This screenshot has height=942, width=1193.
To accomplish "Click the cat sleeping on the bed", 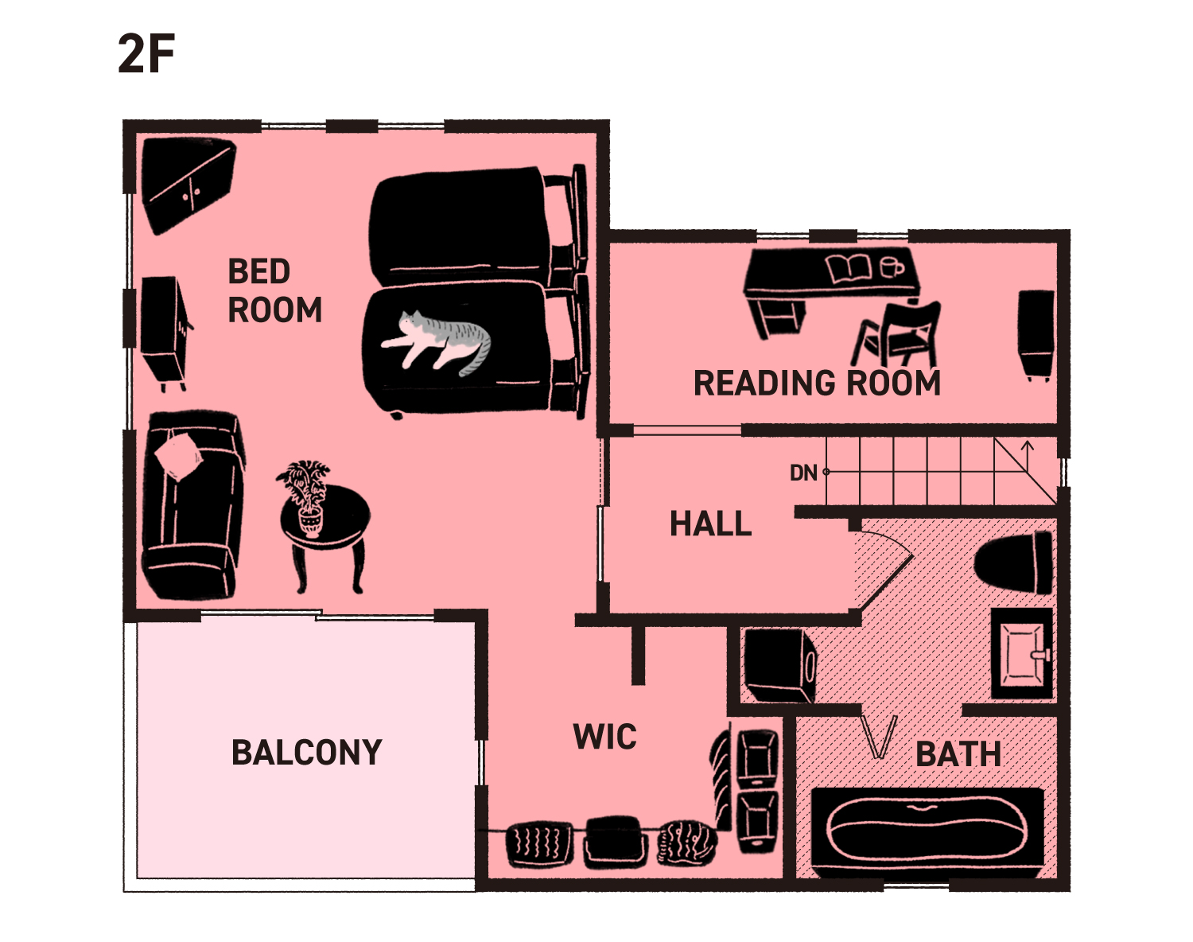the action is pyautogui.click(x=438, y=342).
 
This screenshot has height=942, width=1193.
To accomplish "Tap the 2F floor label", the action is pyautogui.click(x=146, y=53).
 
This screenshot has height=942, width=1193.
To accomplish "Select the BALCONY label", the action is pyautogui.click(x=306, y=753).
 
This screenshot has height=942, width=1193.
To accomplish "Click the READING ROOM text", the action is pyautogui.click(x=817, y=383).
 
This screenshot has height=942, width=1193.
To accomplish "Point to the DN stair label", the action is pyautogui.click(x=804, y=473).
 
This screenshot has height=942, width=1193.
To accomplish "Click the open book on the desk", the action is pyautogui.click(x=848, y=269).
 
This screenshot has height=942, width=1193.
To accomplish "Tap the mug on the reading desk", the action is pyautogui.click(x=892, y=267).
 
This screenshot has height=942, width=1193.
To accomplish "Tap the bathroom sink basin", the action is pyautogui.click(x=1022, y=654).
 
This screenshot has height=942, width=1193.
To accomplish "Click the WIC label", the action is pyautogui.click(x=604, y=737).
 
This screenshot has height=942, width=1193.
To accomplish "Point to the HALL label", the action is pyautogui.click(x=711, y=524).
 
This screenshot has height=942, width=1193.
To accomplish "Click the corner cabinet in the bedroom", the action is pyautogui.click(x=188, y=185).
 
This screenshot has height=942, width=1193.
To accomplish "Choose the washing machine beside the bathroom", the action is pyautogui.click(x=780, y=665).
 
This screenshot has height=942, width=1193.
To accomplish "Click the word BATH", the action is pyautogui.click(x=958, y=754).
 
